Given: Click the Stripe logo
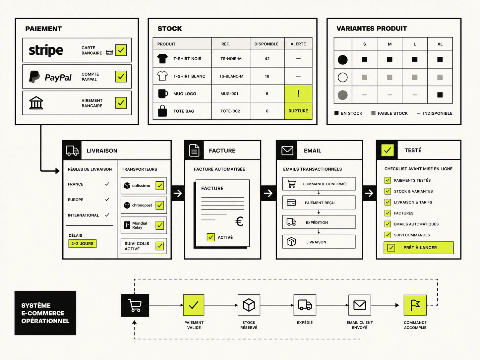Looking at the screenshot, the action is (46, 50).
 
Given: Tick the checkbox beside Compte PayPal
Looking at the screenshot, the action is (121, 77).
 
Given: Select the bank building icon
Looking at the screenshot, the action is (36, 103).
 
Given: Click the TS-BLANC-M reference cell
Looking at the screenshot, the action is (231, 76).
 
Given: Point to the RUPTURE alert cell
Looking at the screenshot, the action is (298, 111).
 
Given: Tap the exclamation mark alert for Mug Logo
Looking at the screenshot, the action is (298, 93).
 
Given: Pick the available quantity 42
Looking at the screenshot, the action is (267, 59).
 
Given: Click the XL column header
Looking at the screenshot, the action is (440, 44).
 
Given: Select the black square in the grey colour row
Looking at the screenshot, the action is (440, 95).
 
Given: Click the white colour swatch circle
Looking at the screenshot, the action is (343, 77).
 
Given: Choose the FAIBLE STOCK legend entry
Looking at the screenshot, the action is (390, 113).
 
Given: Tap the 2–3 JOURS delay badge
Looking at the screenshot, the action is (83, 244).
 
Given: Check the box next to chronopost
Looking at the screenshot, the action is (160, 205).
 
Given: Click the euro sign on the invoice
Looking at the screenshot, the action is (239, 221).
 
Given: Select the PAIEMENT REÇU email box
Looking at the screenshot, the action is (319, 203).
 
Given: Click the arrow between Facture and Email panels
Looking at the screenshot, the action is (268, 193).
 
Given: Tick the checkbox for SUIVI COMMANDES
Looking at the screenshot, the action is (388, 235).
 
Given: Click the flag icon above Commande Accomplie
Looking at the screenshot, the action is (415, 305).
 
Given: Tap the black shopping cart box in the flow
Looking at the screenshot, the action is (135, 305).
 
